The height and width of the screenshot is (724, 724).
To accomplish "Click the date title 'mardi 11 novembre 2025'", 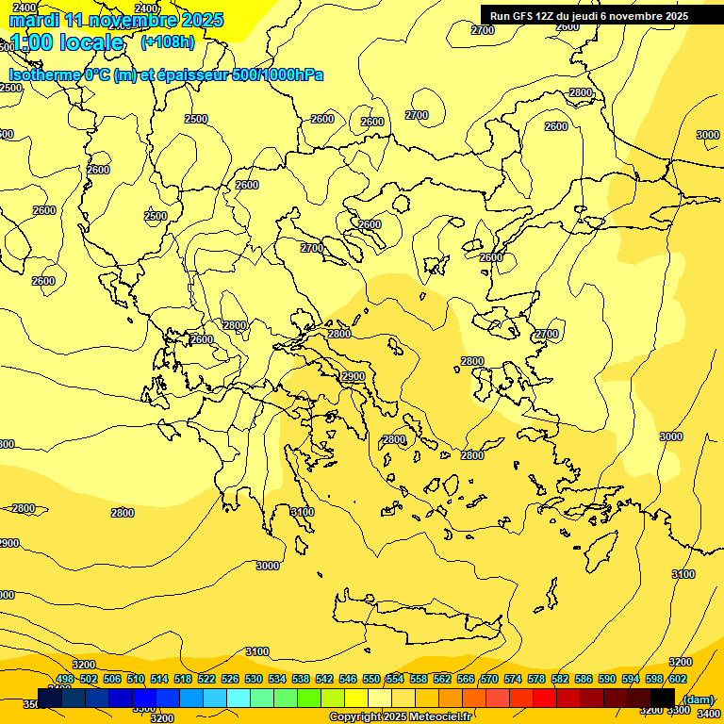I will click(x=115, y=20).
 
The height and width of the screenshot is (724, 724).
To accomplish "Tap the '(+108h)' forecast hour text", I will click(x=167, y=41).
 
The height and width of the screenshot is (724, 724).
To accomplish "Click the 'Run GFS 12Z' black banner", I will click(x=589, y=16).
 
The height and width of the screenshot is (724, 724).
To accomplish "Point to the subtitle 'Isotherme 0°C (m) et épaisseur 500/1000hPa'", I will click(x=165, y=74).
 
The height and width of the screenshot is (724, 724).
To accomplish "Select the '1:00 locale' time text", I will click(x=65, y=42).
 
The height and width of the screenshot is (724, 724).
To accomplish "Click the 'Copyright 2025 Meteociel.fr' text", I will click(x=400, y=716).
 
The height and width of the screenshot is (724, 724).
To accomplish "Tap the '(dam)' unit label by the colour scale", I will click(x=698, y=699).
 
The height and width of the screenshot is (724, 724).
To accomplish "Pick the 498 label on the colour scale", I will click(x=65, y=679).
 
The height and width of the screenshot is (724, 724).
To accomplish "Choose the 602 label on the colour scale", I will click(x=678, y=679).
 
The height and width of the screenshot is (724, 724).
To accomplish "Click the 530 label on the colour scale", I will click(x=254, y=679).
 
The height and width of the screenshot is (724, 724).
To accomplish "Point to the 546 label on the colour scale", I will click(x=348, y=679).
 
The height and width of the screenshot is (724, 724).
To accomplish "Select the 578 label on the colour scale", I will click(x=536, y=679).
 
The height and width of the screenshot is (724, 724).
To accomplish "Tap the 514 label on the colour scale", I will click(x=159, y=679).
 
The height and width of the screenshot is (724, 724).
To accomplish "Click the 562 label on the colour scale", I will click(x=442, y=679).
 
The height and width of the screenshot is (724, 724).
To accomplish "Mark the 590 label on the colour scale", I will click(x=607, y=679).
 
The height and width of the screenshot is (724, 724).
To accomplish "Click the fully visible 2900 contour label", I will click(x=354, y=376).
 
